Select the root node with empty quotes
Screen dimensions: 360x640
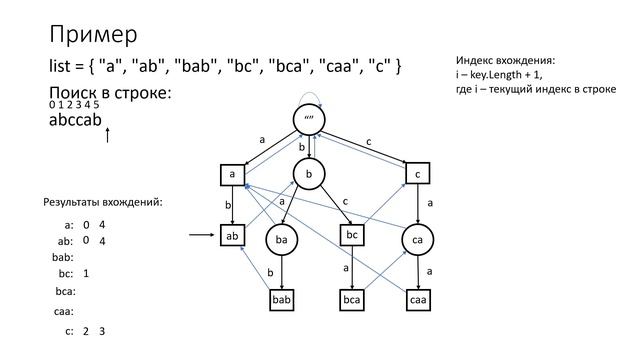click(310, 120)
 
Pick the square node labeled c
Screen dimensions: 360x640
click(417, 174)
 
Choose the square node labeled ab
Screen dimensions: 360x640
click(233, 237)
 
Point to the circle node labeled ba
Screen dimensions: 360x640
click(283, 241)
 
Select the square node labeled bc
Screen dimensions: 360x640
click(351, 235)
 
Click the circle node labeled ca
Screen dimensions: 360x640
click(417, 241)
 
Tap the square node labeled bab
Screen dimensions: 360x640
click(283, 299)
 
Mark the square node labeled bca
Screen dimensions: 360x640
click(351, 299)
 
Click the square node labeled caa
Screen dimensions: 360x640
click(417, 299)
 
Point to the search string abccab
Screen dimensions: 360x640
click(75, 121)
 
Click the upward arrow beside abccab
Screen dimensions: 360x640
click(107, 133)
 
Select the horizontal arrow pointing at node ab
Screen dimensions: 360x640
click(201, 237)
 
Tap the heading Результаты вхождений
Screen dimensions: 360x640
click(102, 203)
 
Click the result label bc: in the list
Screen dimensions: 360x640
click(66, 273)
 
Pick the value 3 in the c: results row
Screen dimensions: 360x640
click(102, 331)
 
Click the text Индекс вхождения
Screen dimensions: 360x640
click(504, 61)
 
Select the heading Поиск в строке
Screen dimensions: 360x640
click(110, 93)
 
